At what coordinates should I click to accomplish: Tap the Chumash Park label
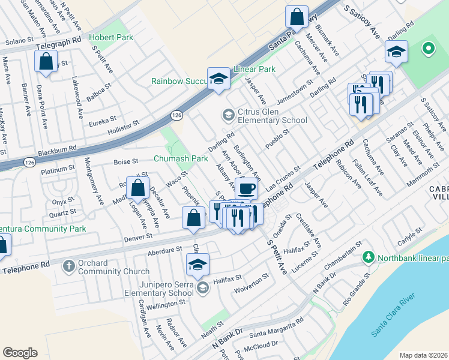(x=181, y=159)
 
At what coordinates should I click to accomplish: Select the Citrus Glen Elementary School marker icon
(x=228, y=114)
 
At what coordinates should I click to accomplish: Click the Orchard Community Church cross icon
(x=69, y=265)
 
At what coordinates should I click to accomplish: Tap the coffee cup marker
(x=246, y=189)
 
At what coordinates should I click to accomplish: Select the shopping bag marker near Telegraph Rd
(x=46, y=61)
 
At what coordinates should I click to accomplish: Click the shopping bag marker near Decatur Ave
(x=138, y=188)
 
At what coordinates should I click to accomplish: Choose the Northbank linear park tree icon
(x=368, y=258)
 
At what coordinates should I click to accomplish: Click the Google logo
(x=20, y=353)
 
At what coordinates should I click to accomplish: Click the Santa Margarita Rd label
(x=276, y=325)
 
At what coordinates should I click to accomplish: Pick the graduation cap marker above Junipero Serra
(x=198, y=264)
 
